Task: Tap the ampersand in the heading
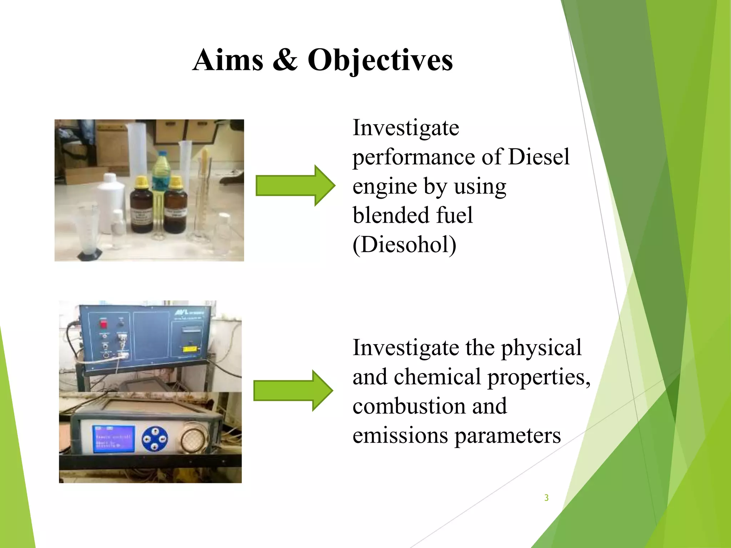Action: (285, 60)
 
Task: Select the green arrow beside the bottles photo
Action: (295, 186)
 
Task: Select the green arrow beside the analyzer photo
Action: (293, 391)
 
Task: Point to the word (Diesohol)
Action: (404, 245)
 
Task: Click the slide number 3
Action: (546, 498)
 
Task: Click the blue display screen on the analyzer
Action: (114, 439)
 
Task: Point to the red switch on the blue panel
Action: (104, 324)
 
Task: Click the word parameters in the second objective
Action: (507, 436)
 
